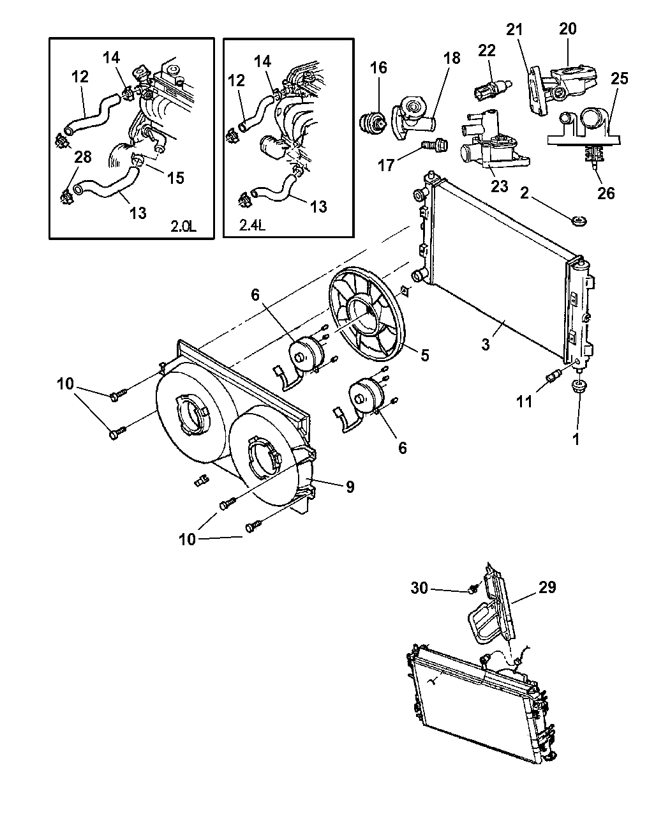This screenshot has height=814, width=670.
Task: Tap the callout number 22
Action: [487, 52]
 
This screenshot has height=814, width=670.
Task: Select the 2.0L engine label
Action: [184, 225]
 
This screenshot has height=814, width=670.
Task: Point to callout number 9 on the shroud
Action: [350, 487]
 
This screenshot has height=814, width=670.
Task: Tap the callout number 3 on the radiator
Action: [486, 345]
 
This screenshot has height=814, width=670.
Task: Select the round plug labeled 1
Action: [579, 386]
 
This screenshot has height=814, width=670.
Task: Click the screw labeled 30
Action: [473, 590]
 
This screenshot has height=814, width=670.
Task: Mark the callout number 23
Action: [499, 186]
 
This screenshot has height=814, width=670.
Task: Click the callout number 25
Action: [619, 79]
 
